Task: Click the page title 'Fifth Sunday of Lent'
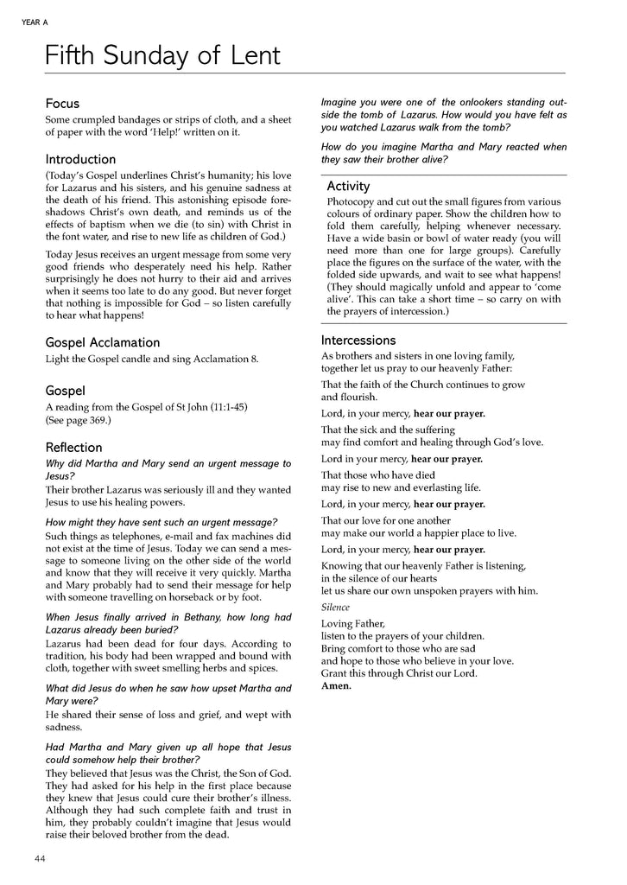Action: tap(162, 56)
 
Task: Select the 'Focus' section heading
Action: tap(62, 103)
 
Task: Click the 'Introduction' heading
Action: tap(80, 159)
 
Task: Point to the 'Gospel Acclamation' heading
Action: tap(102, 342)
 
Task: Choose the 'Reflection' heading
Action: tap(73, 447)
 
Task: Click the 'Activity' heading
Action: tap(348, 186)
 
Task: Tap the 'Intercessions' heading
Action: tap(358, 340)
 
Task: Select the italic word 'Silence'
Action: tap(335, 608)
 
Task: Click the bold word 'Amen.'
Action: tap(336, 685)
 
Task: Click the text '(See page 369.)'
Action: tap(78, 420)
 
